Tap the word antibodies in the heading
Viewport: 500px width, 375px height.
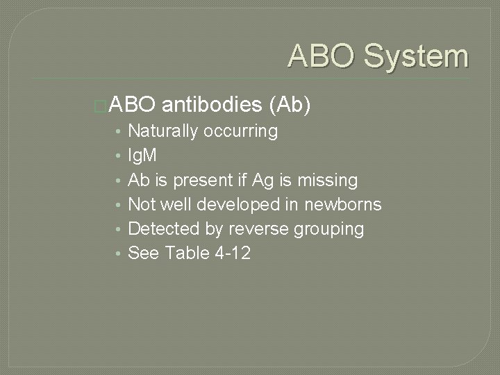(x=212, y=105)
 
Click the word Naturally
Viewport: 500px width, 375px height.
(x=163, y=131)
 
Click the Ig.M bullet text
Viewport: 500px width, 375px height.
(x=143, y=156)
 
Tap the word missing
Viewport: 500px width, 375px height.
(x=327, y=181)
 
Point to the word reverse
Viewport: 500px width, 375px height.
(x=247, y=228)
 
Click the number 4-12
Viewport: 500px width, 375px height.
(x=233, y=253)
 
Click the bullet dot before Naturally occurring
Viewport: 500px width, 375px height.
(x=120, y=131)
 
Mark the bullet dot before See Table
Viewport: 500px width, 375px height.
(x=120, y=253)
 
